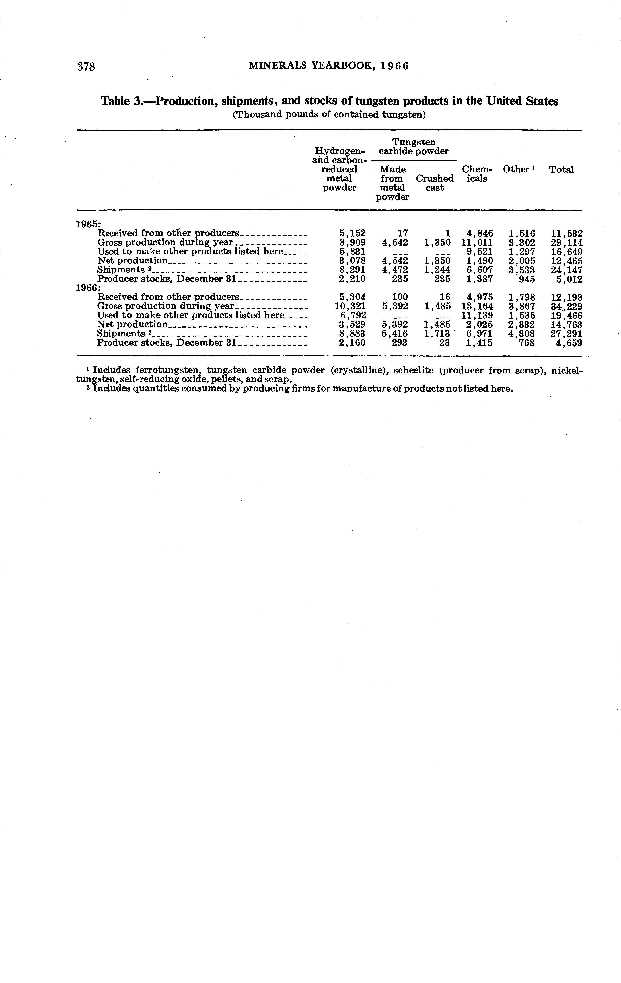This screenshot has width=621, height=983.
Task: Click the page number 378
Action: (x=86, y=67)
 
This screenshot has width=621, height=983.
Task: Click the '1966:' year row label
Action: (x=89, y=288)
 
